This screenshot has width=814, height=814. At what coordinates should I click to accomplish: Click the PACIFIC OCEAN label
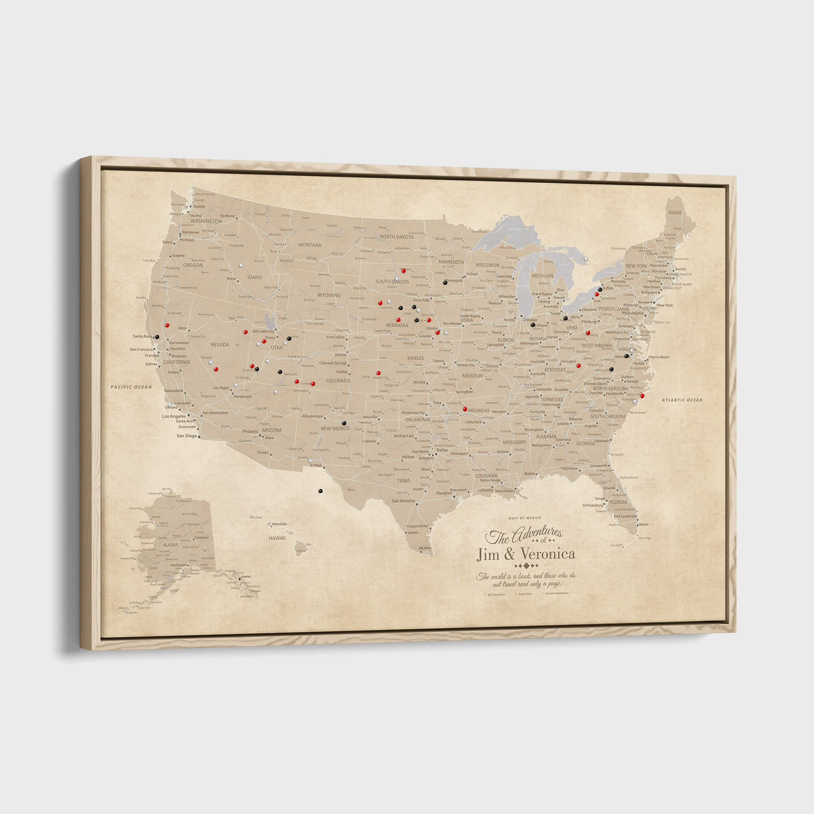pyautogui.click(x=131, y=387)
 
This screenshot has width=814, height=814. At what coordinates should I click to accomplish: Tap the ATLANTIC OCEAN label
pyautogui.click(x=682, y=400)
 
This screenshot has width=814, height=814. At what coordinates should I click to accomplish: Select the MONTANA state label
pyautogui.click(x=310, y=245)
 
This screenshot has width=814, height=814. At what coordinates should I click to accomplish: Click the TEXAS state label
pyautogui.click(x=403, y=480)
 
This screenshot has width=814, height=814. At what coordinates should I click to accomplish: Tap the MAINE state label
pyautogui.click(x=675, y=213)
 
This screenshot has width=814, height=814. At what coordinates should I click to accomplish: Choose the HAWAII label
pyautogui.click(x=277, y=538)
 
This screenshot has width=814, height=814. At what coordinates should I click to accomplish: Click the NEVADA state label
pyautogui.click(x=219, y=345)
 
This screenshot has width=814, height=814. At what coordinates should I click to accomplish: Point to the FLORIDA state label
pyautogui.click(x=618, y=502)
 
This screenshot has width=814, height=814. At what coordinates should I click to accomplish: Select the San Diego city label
pyautogui.click(x=187, y=436)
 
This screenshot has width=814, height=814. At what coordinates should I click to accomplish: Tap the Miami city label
pyautogui.click(x=643, y=525)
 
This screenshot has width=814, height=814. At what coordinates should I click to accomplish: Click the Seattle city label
pyautogui.click(x=199, y=206)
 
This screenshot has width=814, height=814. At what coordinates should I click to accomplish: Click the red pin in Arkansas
pyautogui.click(x=465, y=409)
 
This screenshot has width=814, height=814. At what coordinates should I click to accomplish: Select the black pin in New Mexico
pyautogui.click(x=344, y=422)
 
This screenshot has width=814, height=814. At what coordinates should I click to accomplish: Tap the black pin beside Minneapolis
pyautogui.click(x=445, y=283)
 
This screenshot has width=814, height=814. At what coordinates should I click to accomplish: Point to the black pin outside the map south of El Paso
pyautogui.click(x=320, y=490)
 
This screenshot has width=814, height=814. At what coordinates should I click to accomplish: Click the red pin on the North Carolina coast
pyautogui.click(x=642, y=395)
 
